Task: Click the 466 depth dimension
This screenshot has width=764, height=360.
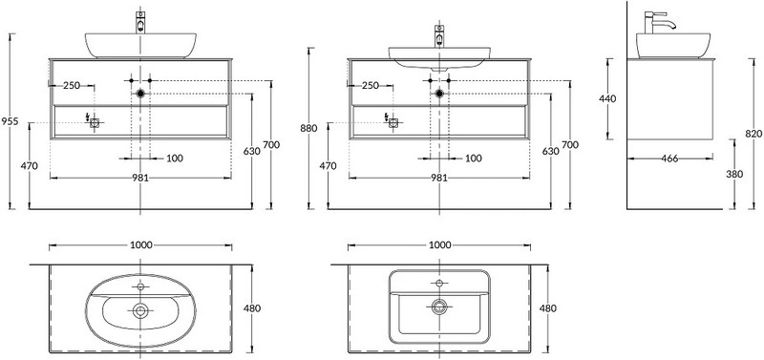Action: coord(668,158)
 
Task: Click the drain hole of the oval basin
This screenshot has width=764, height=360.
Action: coord(141,309)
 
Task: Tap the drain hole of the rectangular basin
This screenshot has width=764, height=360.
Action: coord(439,307)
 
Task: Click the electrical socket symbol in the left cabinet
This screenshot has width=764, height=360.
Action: coord(95,121)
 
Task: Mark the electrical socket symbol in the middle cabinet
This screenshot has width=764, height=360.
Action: coord(393,121)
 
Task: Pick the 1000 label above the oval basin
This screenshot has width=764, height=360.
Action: coord(141,245)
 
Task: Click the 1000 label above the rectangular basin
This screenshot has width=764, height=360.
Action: coord(439,245)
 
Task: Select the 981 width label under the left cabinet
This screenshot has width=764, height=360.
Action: coord(141,178)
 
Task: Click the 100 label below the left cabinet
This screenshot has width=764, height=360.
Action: coord(175,158)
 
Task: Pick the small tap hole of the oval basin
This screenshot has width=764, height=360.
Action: coord(141,286)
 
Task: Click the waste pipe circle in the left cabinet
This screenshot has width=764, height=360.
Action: coord(141,94)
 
